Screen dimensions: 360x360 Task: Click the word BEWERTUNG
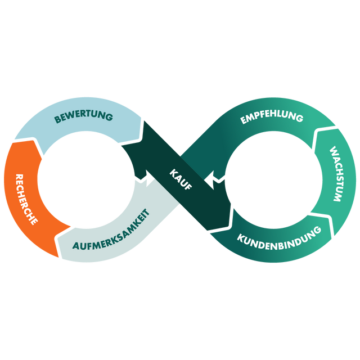click(83, 118)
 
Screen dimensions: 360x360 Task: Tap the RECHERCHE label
click(26, 199)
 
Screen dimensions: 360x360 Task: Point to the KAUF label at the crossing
click(181, 179)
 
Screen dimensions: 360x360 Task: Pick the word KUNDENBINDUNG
click(279, 236)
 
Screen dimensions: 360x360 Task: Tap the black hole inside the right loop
click(272, 179)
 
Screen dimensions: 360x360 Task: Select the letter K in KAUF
click(173, 171)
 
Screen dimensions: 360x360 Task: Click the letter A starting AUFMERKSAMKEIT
click(75, 246)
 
